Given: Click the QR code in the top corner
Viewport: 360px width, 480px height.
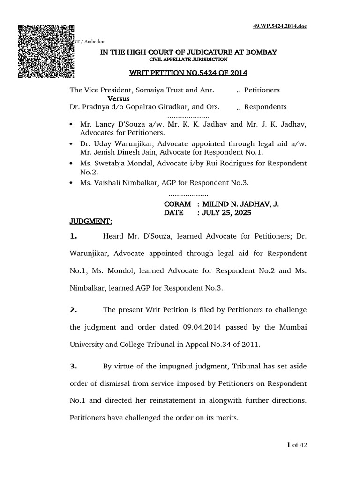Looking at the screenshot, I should (46, 51).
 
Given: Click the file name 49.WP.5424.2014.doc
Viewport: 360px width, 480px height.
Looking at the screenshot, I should (280, 26).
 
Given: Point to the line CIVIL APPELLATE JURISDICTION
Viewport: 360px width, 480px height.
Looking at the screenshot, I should (188, 60).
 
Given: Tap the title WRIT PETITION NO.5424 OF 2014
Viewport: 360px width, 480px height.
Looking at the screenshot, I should (188, 73).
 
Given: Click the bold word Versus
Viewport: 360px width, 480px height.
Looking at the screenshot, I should (119, 99).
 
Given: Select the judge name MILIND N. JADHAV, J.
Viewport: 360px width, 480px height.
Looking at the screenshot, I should (240, 204).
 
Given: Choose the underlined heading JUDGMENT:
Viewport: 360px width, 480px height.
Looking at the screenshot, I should (91, 221).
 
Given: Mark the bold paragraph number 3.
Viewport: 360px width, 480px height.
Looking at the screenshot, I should (73, 365).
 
